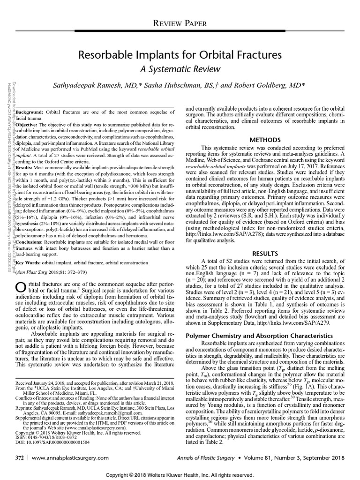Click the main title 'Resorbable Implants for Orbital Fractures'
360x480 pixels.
pos(180,55)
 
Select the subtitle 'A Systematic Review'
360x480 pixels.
pos(180,69)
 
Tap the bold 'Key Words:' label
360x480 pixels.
pos(30,262)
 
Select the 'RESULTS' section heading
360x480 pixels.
pos(265,254)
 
